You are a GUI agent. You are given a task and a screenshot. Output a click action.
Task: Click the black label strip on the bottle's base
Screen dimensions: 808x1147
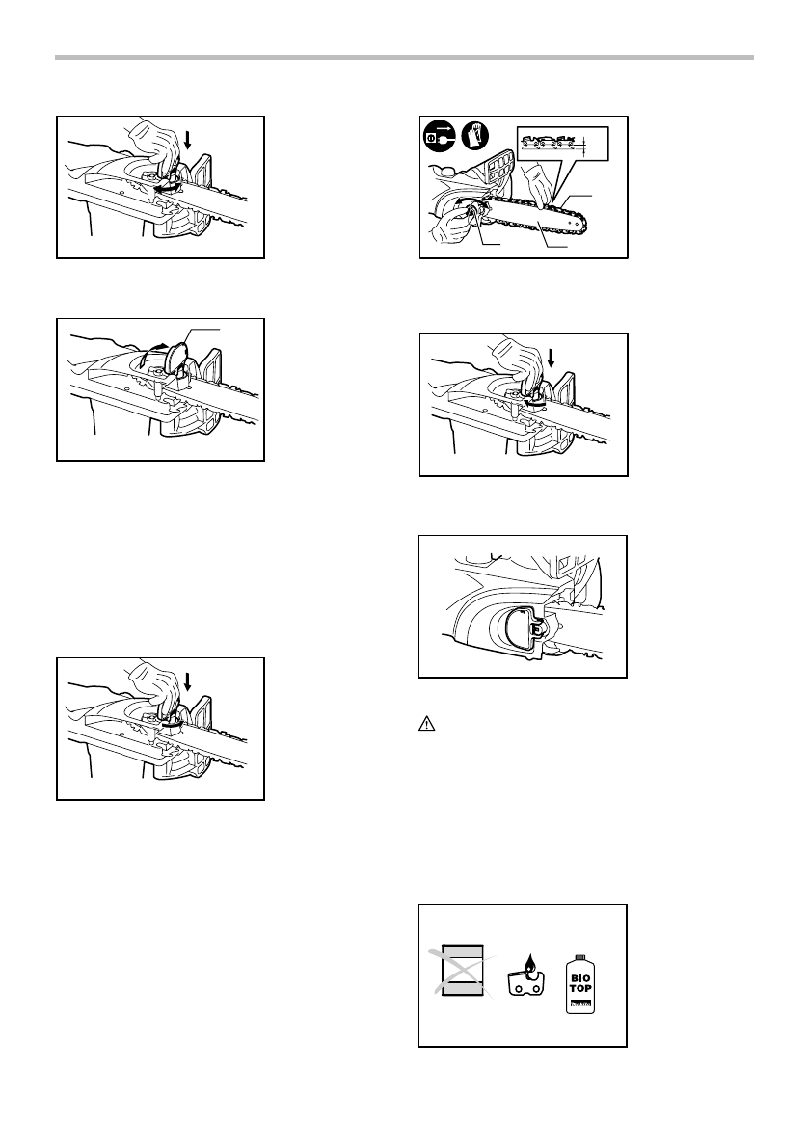tap(580, 1005)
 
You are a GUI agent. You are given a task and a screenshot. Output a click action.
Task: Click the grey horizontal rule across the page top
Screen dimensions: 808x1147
tap(404, 58)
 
